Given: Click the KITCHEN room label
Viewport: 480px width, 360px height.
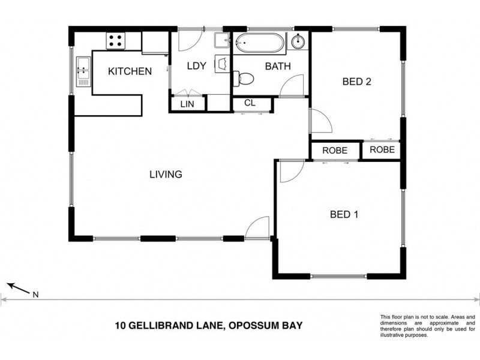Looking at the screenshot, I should pyautogui.click(x=129, y=71).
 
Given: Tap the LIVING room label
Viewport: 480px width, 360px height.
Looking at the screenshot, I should pyautogui.click(x=166, y=175).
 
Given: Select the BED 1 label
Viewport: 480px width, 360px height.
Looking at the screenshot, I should pyautogui.click(x=344, y=214).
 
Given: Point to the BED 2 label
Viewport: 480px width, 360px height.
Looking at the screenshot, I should pyautogui.click(x=356, y=82).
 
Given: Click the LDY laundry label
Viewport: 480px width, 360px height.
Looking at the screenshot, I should pyautogui.click(x=197, y=67).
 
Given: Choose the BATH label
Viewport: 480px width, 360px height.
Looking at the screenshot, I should pyautogui.click(x=278, y=67).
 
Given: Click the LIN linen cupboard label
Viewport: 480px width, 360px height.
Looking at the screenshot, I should pyautogui.click(x=188, y=104).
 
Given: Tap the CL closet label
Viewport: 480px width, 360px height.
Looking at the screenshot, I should pyautogui.click(x=250, y=103).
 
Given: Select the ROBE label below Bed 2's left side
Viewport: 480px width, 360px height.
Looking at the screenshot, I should pyautogui.click(x=334, y=151).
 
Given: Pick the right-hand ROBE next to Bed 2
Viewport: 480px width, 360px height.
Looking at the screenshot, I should pyautogui.click(x=382, y=150).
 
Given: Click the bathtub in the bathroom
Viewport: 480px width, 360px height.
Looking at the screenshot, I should pyautogui.click(x=259, y=43).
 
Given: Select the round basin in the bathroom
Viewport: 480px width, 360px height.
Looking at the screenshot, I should pyautogui.click(x=298, y=42).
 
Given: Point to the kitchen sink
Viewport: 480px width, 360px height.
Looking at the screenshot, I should pyautogui.click(x=82, y=71).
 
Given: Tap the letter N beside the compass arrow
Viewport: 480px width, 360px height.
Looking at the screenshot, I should pyautogui.click(x=35, y=294).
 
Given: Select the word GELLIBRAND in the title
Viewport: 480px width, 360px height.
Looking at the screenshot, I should pyautogui.click(x=155, y=326).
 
